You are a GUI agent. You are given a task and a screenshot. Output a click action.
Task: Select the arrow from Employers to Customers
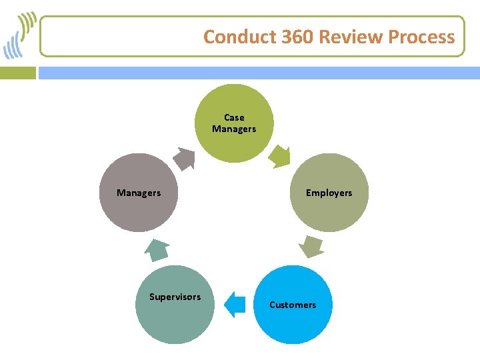311,246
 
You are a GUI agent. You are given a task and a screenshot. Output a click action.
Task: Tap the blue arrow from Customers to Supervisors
234,304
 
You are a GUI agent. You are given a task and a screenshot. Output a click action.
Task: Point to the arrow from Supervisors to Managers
157,250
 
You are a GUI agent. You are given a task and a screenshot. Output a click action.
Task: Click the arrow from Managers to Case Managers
183,159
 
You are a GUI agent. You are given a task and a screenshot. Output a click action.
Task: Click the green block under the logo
18,72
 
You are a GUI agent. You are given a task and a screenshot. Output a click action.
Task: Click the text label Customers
293,305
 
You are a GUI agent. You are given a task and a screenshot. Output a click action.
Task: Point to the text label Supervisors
175,297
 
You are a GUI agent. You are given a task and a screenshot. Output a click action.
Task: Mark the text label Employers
329,193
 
